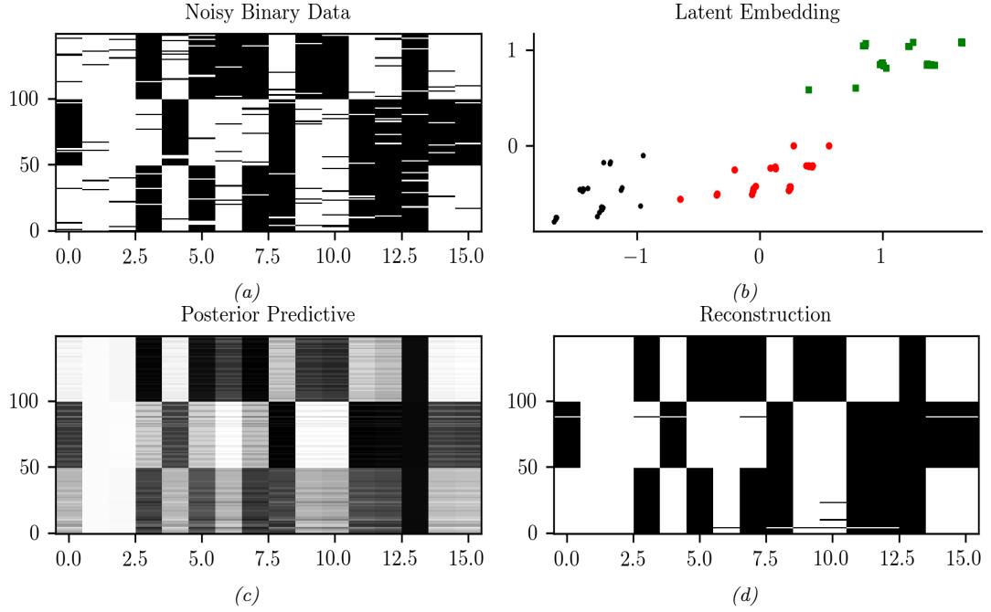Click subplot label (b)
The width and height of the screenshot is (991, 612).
point(747,292)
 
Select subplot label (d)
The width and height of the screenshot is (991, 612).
point(747,596)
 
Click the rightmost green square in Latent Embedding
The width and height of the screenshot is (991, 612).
point(962,42)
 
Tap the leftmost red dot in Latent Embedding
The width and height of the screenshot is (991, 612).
point(680,199)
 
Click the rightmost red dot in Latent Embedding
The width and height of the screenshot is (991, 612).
point(829,145)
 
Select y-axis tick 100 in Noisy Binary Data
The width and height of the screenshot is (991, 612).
point(25,99)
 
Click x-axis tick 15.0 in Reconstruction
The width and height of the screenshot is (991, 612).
point(965,554)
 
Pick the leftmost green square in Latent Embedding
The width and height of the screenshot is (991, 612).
point(809,90)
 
